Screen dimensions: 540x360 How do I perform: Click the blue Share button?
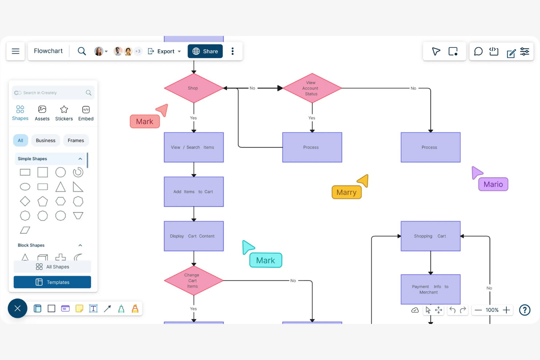tap(205, 51)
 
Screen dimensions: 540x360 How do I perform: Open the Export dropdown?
tap(165, 51)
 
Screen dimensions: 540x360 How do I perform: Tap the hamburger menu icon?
tap(16, 51)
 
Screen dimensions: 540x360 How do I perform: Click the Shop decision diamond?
tap(194, 88)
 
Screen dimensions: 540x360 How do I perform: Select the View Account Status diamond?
tap(312, 88)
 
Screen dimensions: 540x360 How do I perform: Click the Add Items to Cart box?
tap(194, 192)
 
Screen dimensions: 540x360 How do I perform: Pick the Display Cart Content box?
tap(194, 236)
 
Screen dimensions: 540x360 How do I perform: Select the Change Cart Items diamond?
tap(194, 280)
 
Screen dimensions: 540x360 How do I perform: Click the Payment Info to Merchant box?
tap(431, 289)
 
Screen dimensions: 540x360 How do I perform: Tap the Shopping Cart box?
tap(431, 236)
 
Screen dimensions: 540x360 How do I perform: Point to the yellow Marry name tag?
tap(347, 192)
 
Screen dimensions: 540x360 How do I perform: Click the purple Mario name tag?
tap(493, 184)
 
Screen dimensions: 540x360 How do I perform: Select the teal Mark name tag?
tap(266, 260)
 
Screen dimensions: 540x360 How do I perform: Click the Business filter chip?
tap(46, 140)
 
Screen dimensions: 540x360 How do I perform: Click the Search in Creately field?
tap(53, 93)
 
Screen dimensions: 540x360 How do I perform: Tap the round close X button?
tap(18, 309)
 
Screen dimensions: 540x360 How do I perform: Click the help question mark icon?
tap(525, 310)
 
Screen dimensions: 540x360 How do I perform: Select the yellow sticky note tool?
tap(79, 309)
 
